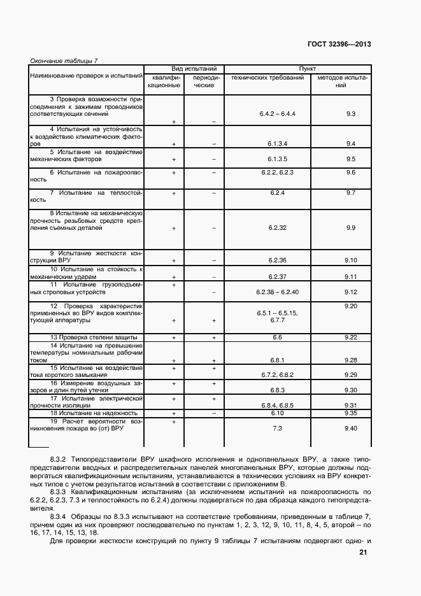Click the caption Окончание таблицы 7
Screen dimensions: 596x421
(64, 60)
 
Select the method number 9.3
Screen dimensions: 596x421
(350, 113)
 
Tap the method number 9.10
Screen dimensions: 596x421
(350, 260)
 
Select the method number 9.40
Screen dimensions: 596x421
(350, 429)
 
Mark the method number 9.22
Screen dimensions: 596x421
(350, 337)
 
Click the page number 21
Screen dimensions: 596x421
(363, 553)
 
